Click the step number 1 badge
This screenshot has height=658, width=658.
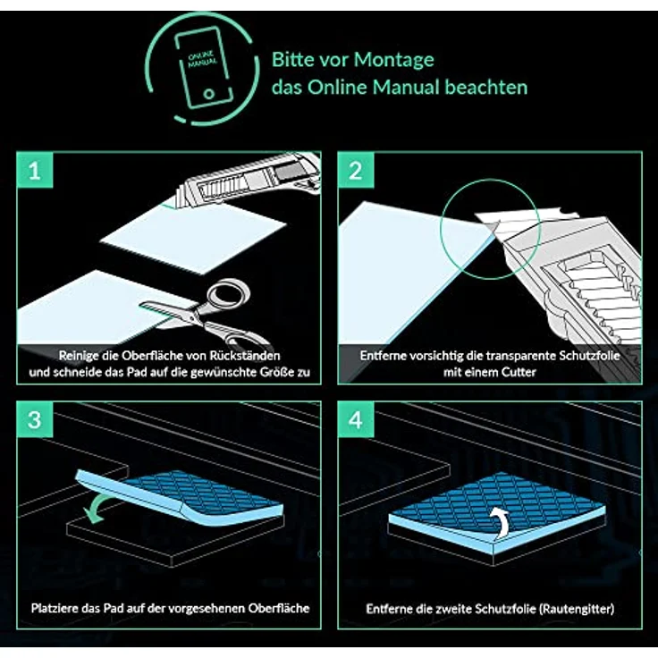35,170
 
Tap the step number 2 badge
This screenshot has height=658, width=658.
356,170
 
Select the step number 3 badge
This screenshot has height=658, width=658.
35,419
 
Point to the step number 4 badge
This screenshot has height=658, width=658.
356,419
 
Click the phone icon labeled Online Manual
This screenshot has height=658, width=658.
204,67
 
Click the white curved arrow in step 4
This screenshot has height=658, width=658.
500,522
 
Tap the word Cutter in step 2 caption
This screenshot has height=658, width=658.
519,372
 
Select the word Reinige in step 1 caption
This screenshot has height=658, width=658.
76,356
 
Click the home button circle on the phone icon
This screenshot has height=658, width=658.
208,93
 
